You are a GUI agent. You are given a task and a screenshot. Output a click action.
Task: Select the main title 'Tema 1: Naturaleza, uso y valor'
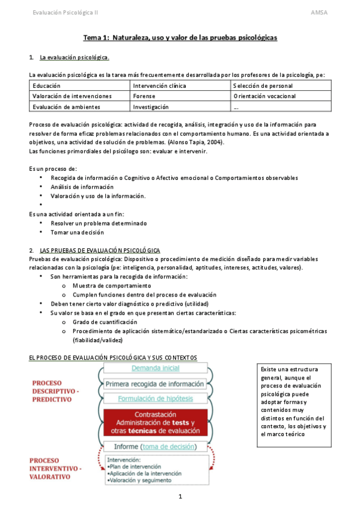pyautogui.click(x=180, y=37)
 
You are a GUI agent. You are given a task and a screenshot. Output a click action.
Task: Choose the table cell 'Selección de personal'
pyautogui.click(x=263, y=86)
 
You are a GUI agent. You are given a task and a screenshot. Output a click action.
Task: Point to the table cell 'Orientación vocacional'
pyautogui.click(x=265, y=96)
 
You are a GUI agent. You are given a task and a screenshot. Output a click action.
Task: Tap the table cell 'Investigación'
pyautogui.click(x=151, y=106)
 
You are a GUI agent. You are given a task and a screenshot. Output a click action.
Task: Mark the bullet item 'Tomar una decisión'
pyautogui.click(x=77, y=232)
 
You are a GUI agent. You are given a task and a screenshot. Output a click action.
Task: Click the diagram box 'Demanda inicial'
pyautogui.click(x=155, y=367)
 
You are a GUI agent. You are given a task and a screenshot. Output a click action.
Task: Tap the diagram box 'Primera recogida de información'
pyautogui.click(x=155, y=383)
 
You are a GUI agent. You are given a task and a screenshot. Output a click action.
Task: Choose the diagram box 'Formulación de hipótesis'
pyautogui.click(x=155, y=398)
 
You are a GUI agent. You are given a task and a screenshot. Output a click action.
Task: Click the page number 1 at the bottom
pyautogui.click(x=180, y=496)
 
